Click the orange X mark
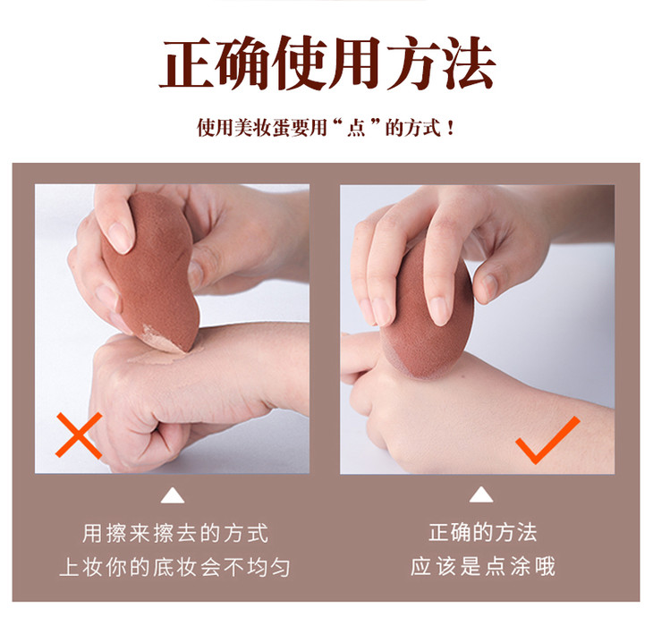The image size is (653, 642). point(79,435)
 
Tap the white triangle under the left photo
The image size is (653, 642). point(173,496)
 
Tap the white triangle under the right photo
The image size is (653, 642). point(481,494)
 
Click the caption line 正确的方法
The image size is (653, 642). point(483,533)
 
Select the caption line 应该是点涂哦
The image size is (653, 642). point(483,566)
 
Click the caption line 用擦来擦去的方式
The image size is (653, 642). point(175,533)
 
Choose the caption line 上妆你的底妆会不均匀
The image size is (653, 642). point(175,567)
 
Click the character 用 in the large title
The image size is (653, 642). point(355,63)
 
